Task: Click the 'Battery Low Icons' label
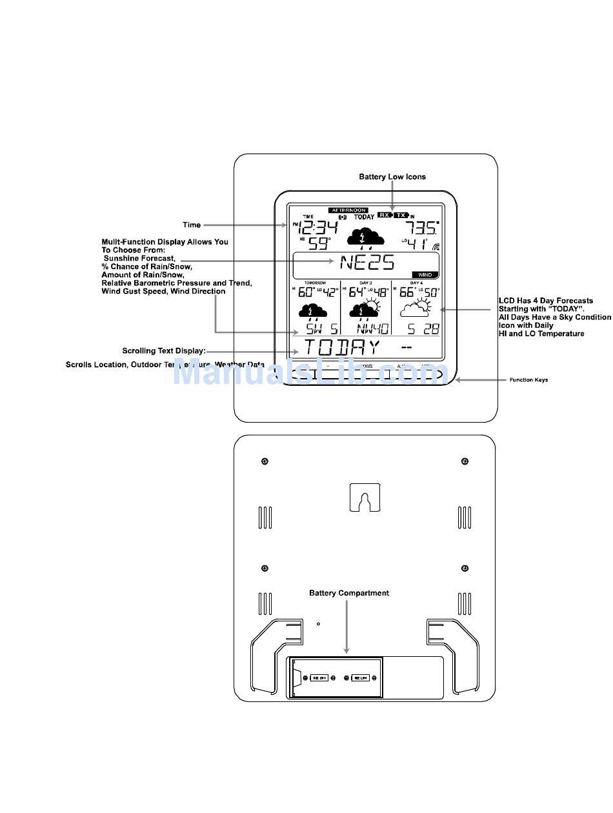pos(392,177)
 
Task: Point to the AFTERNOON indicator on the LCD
pos(348,210)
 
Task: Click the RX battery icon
pos(385,215)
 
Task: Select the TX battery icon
pos(401,215)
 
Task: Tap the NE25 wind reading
pos(367,263)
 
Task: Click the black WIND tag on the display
pos(425,274)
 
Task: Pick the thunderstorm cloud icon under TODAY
pos(366,237)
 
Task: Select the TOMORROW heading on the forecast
pos(315,283)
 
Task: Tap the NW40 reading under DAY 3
pos(373,328)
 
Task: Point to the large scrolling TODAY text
pos(341,348)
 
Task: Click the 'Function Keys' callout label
pos(528,380)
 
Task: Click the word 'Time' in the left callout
pos(192,225)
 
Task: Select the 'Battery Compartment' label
pos(349,593)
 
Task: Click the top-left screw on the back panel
pos(265,461)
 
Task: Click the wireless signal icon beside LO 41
pos(436,246)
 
